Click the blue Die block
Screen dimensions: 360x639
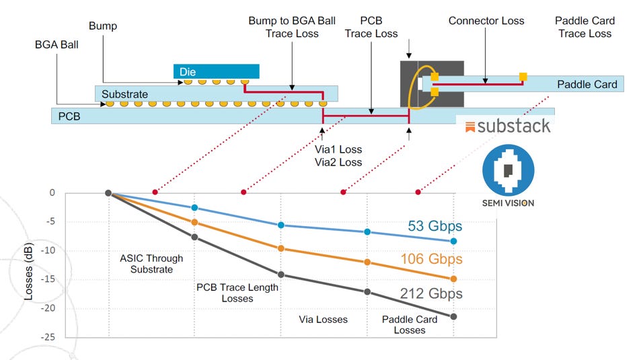pos(216,71)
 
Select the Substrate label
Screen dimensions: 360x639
pos(124,94)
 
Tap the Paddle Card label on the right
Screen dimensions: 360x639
pos(587,85)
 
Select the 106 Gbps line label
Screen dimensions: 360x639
pos(432,259)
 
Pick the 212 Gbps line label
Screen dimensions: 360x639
pos(432,293)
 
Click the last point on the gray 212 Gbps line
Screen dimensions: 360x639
pos(453,316)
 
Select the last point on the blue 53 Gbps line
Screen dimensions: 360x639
pos(453,241)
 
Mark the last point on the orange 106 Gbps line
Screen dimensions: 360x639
pos(453,279)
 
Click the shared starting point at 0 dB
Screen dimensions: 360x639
pos(108,193)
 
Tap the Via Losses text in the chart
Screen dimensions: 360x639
pos(323,319)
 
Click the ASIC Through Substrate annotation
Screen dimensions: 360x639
pos(151,264)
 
